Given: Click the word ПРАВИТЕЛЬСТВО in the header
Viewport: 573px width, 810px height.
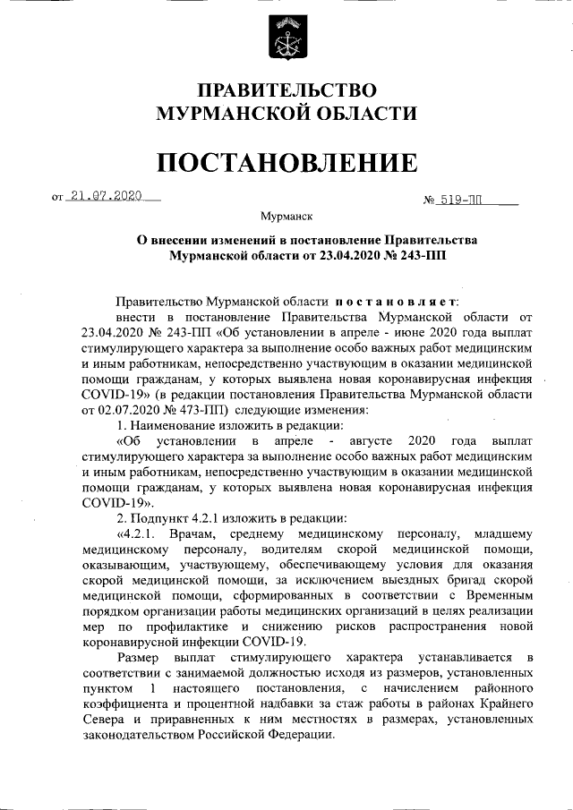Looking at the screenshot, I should pyautogui.click(x=286, y=91).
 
